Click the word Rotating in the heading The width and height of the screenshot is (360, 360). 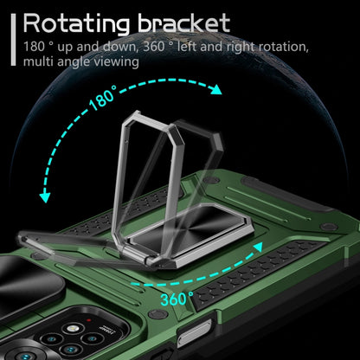[x=76, y=23]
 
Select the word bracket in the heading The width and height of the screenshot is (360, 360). [x=184, y=22]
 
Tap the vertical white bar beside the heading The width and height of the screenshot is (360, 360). [x=13, y=40]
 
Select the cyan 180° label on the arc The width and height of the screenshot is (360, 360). [x=103, y=97]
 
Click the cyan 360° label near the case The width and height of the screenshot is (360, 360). [x=177, y=299]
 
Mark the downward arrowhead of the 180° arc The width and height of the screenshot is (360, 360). [x=45, y=197]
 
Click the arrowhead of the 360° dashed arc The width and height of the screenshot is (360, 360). [x=258, y=247]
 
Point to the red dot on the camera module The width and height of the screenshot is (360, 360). [x=89, y=320]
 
